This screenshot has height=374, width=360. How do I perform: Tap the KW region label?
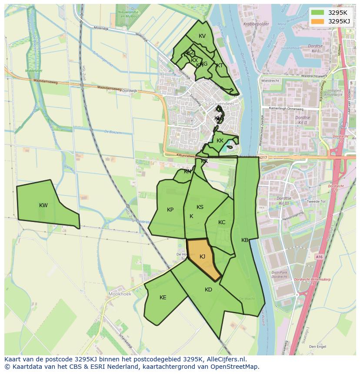43,205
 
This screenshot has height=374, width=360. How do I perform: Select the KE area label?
163,298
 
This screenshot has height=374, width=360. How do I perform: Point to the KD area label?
208,290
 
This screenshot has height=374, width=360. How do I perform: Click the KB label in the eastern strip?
245,240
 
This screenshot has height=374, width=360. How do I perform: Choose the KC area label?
222,222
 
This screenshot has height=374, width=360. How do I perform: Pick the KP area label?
170,210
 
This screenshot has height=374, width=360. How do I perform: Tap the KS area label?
200,207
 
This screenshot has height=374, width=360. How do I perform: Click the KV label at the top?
202,36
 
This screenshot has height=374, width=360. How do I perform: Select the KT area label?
220,66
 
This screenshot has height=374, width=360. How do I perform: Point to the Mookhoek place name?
119,294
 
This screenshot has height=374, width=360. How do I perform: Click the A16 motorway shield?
320,257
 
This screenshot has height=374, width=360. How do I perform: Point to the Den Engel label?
317,347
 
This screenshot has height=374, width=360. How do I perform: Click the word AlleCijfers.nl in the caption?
226,359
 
